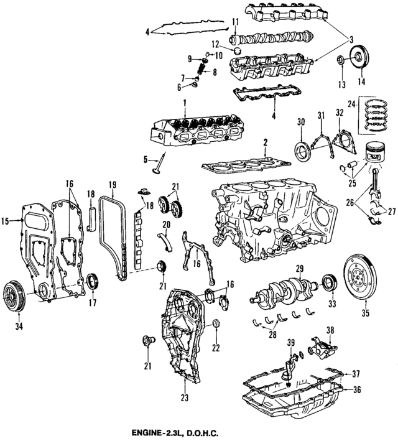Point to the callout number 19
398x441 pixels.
coord(112,184)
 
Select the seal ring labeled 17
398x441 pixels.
coord(93,281)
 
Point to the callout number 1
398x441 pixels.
coord(184,102)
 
